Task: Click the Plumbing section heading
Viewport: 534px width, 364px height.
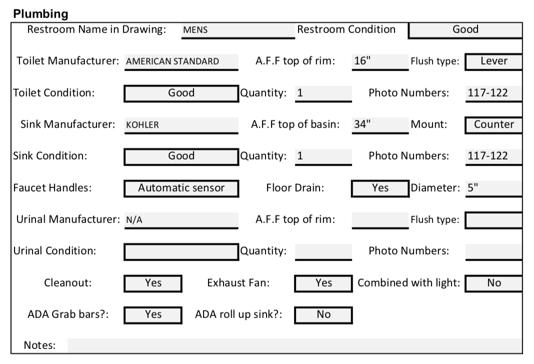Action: point(40,14)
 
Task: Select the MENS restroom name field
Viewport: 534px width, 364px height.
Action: point(238,30)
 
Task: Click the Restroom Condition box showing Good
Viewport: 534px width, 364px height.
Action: point(465,30)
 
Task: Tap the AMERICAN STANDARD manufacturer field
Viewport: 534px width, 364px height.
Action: point(181,62)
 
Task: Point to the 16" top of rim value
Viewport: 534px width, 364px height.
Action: point(380,62)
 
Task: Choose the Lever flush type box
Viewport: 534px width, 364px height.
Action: point(494,61)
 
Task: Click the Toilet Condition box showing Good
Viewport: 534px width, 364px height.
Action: point(181,93)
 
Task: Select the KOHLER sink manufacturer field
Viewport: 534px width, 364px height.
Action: point(181,125)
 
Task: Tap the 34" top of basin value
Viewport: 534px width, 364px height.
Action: point(380,125)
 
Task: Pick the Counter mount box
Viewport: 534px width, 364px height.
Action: point(494,125)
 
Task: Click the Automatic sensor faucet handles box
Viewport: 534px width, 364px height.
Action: point(181,188)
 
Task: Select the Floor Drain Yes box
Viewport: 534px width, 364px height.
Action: point(380,188)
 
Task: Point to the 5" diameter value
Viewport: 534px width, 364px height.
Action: point(494,188)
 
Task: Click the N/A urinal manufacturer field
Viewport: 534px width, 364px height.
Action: point(181,220)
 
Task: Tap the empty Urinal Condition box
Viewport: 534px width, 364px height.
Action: point(181,251)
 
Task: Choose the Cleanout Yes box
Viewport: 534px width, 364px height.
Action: point(153,283)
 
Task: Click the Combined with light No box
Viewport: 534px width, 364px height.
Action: point(494,283)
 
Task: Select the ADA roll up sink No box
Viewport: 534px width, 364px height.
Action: point(323,315)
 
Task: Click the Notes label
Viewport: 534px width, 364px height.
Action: point(39,345)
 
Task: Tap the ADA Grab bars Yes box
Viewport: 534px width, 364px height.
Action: point(153,315)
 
